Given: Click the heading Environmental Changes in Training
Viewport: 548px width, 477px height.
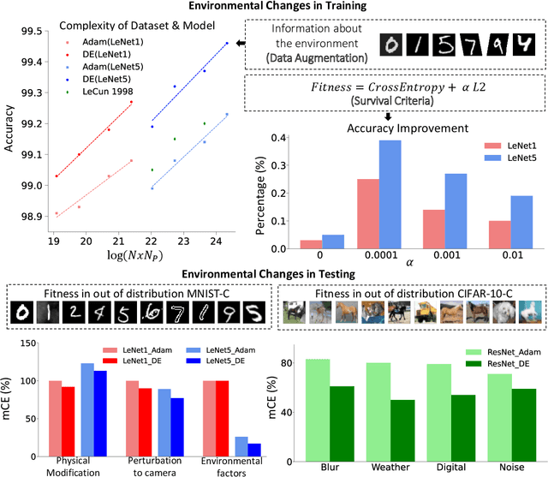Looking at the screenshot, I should coord(274,7).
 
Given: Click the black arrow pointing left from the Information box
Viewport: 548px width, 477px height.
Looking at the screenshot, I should coord(242,44).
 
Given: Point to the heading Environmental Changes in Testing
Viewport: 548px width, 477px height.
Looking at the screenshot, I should coord(274,274).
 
